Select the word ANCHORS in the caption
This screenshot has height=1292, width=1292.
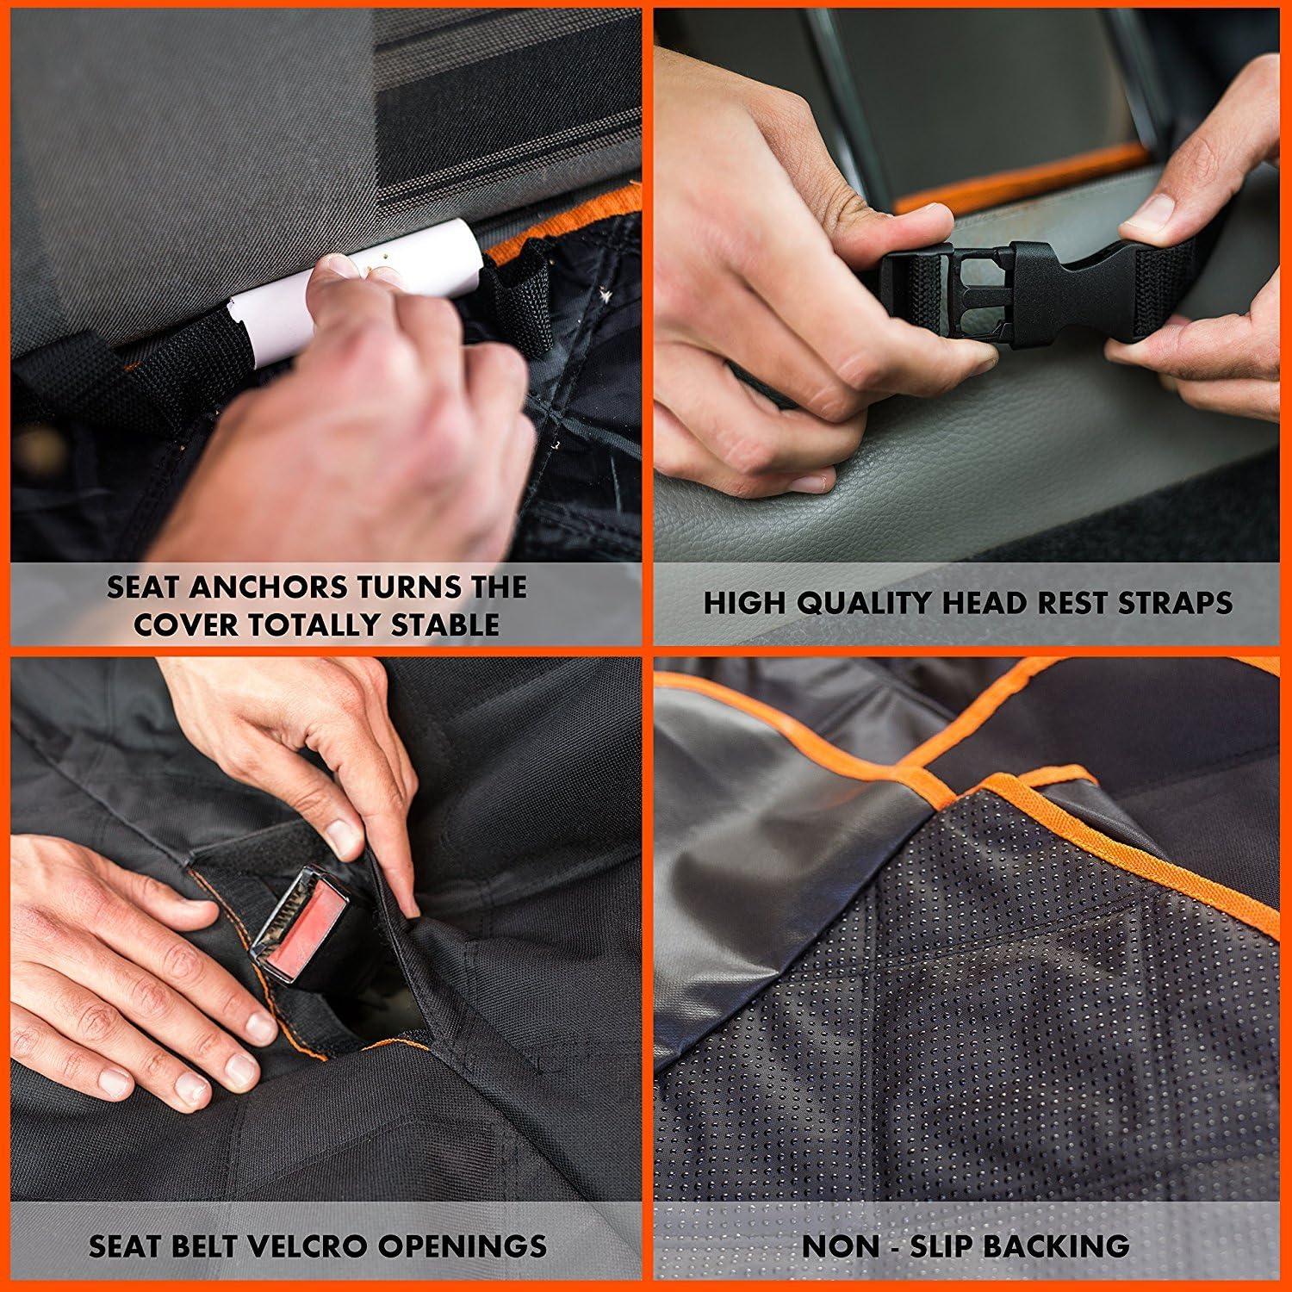point(264,587)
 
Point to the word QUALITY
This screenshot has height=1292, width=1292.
point(867,603)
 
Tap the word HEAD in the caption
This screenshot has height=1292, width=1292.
point(983,603)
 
